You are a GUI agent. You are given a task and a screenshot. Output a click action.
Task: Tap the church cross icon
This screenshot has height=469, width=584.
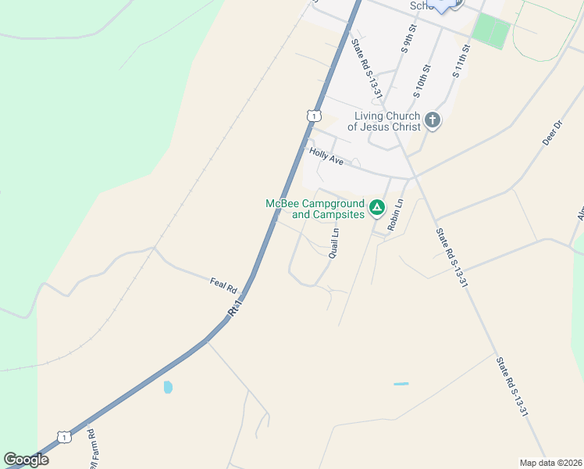[432, 120]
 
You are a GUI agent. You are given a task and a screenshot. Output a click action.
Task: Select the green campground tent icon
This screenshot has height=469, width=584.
[377, 207]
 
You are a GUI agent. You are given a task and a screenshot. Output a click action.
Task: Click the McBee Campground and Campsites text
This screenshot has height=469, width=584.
[315, 209]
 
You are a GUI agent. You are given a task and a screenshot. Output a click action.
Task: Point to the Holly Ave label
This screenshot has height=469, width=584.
[326, 157]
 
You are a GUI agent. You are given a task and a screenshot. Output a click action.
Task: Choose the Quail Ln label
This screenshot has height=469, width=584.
[334, 242]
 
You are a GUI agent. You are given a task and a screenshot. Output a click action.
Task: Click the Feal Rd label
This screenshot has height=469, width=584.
[223, 285]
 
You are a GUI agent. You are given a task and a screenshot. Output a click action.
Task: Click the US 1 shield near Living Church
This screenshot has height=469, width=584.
[313, 116]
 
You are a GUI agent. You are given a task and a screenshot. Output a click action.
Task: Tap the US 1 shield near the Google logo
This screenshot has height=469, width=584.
[64, 436]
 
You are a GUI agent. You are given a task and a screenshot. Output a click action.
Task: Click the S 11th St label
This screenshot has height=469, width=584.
[460, 63]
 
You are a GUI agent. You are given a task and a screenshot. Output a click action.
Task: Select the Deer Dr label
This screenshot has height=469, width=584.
[552, 133]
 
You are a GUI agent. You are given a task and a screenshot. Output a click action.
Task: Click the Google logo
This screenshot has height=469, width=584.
[26, 460]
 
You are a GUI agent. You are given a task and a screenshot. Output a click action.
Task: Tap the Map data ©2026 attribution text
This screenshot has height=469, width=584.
[550, 462]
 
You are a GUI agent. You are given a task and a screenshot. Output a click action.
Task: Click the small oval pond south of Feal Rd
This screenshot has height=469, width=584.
[168, 386]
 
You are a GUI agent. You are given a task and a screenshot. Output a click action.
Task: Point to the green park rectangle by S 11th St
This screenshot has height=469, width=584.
[491, 31]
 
